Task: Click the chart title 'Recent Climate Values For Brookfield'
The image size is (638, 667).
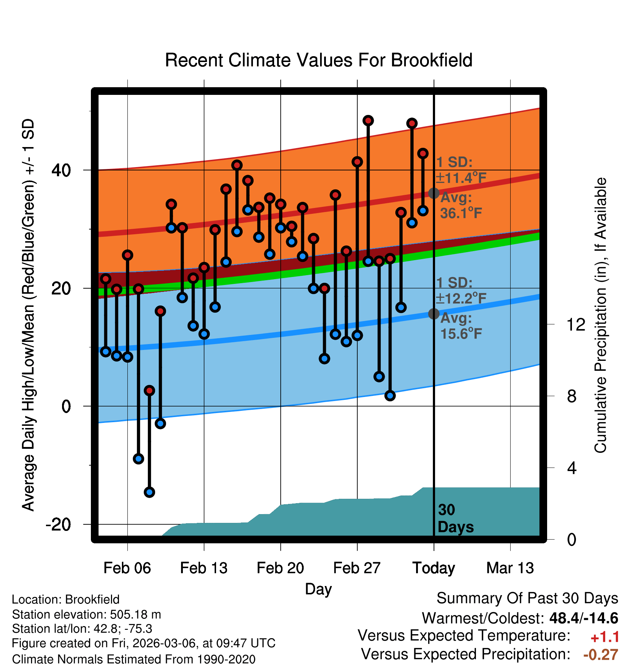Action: click(x=319, y=60)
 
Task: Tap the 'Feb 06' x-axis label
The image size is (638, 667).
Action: click(x=127, y=568)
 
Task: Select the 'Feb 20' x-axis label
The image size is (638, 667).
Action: click(x=280, y=568)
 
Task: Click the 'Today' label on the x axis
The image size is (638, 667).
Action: click(x=434, y=568)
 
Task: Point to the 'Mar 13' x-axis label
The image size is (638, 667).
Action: click(x=510, y=568)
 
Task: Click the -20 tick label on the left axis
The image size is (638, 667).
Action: click(x=58, y=525)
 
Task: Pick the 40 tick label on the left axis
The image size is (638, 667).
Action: click(x=61, y=170)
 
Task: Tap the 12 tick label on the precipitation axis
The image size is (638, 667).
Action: click(x=576, y=324)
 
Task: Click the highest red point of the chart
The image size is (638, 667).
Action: click(x=368, y=120)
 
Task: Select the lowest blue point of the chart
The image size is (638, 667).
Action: click(x=149, y=492)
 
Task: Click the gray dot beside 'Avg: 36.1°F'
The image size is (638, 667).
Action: click(x=434, y=193)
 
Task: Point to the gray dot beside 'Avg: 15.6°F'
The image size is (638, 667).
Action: click(x=434, y=314)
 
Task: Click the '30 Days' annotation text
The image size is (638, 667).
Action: click(x=455, y=518)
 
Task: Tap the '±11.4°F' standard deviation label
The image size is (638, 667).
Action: click(x=461, y=178)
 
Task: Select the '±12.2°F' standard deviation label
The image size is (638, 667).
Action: click(x=461, y=298)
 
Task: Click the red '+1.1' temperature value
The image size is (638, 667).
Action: click(x=605, y=637)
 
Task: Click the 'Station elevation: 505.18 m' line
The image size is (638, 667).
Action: click(x=87, y=615)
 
